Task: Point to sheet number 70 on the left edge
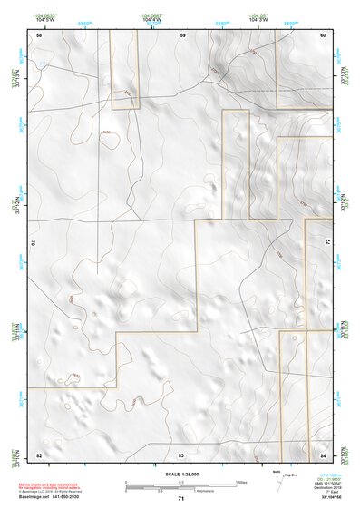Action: [x=34, y=243]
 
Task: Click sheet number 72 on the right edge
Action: [x=327, y=243]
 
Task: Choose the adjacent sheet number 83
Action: [x=181, y=453]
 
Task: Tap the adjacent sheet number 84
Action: [x=323, y=453]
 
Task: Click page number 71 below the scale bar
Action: [x=181, y=499]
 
